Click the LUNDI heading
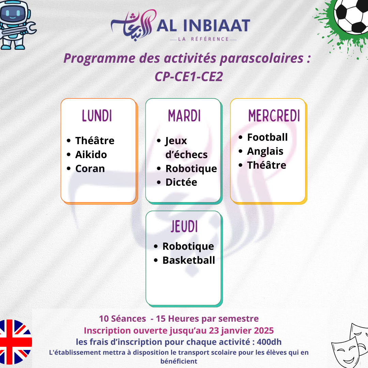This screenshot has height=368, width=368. point(97,116)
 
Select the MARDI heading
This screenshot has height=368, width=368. point(184,116)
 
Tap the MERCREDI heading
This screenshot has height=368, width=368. point(274,116)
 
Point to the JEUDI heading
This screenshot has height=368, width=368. point(184,227)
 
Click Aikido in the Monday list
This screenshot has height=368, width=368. point(91,155)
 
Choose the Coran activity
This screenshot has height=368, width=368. point(90,169)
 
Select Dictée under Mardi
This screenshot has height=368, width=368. point(181,182)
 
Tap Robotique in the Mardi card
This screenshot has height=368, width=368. point(191,169)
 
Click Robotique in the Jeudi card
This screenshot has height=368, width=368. point(188,247)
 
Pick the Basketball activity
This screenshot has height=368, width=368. point(189,260)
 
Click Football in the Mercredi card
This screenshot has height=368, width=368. point(267,137)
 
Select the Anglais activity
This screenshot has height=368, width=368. point(265,152)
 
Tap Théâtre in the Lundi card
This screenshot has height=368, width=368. point(95,141)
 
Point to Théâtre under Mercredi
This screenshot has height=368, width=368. point(266,165)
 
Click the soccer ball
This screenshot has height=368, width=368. point(351,15)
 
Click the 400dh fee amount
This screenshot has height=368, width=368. point(269,342)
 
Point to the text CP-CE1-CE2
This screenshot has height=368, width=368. point(189,77)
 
